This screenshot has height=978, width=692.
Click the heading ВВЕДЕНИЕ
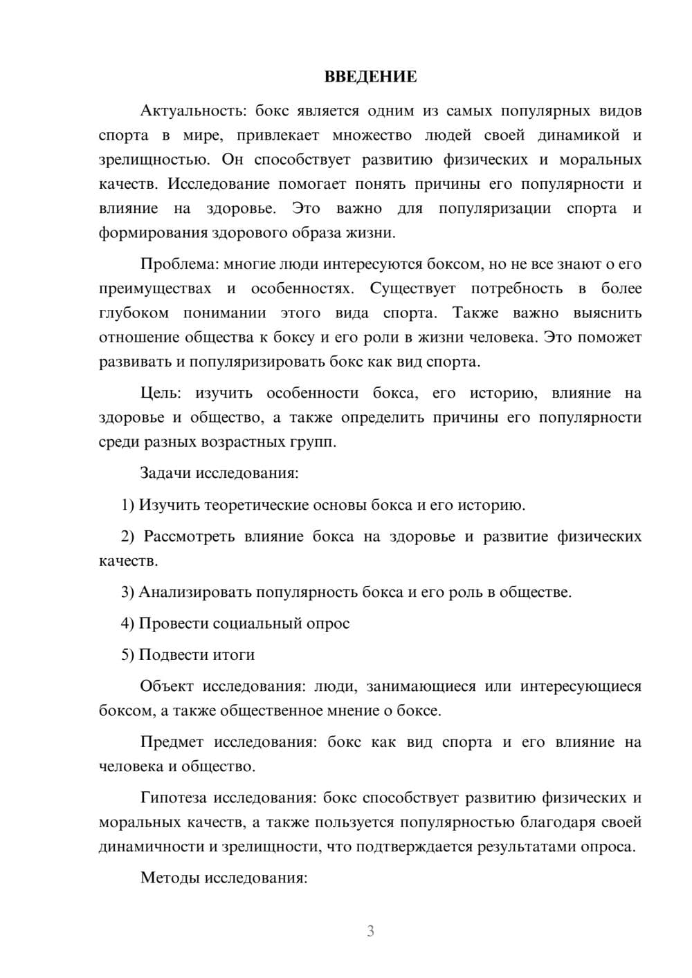(370, 77)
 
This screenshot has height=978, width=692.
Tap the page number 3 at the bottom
(370, 931)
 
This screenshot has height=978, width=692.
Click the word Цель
(161, 394)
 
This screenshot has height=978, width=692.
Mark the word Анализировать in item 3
(196, 593)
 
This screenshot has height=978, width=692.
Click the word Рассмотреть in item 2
(189, 537)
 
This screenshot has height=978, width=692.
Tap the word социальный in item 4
(255, 624)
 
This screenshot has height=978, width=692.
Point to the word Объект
(167, 687)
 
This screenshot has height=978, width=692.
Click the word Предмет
(172, 743)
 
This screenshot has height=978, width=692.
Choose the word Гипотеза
(173, 798)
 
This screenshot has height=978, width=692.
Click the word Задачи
(165, 474)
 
